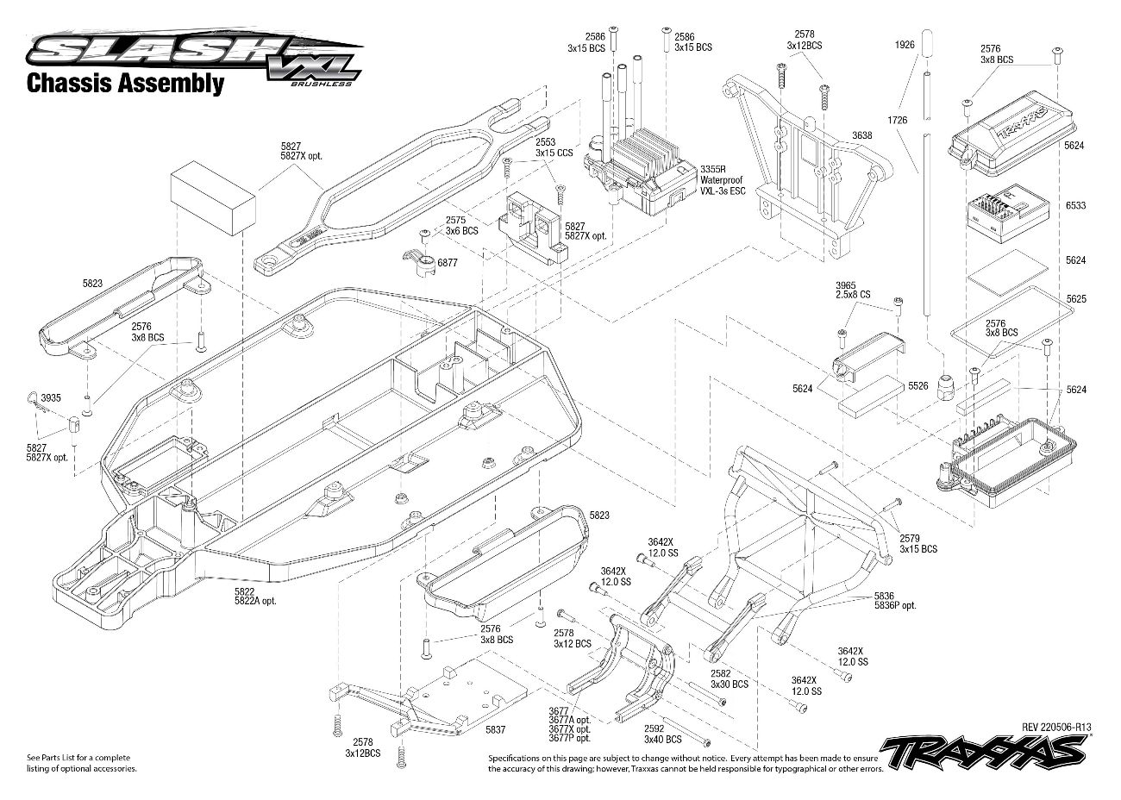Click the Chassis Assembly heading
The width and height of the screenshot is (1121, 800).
point(125,84)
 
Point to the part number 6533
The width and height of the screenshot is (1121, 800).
point(1075,206)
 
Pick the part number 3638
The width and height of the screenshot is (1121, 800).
point(861,135)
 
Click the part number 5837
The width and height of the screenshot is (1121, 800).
point(495,730)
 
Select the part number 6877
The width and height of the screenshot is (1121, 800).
point(448,261)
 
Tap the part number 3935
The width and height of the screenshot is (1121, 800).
point(51,398)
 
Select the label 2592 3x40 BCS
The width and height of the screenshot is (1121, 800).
point(662,734)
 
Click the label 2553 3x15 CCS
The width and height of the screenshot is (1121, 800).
point(553,147)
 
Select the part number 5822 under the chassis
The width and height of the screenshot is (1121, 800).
point(244,591)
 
